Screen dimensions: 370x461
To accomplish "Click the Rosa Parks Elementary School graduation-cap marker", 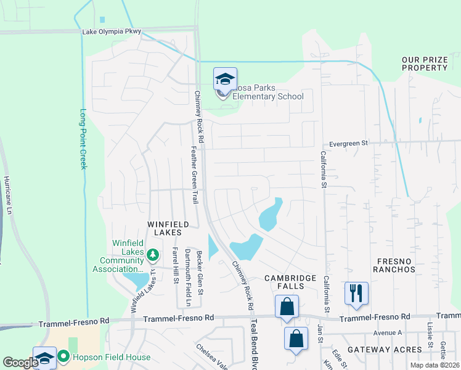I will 225,78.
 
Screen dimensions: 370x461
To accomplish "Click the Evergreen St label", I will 348,142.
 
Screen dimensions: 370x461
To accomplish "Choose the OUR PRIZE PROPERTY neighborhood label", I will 424,64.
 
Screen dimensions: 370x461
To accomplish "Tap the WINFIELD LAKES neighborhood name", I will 164,228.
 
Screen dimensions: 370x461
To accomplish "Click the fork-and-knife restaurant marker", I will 356,293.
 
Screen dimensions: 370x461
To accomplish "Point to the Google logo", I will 20,363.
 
